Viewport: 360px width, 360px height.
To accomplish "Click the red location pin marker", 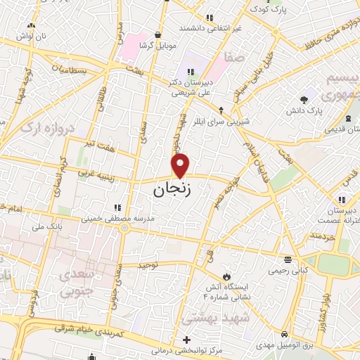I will (181, 165).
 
